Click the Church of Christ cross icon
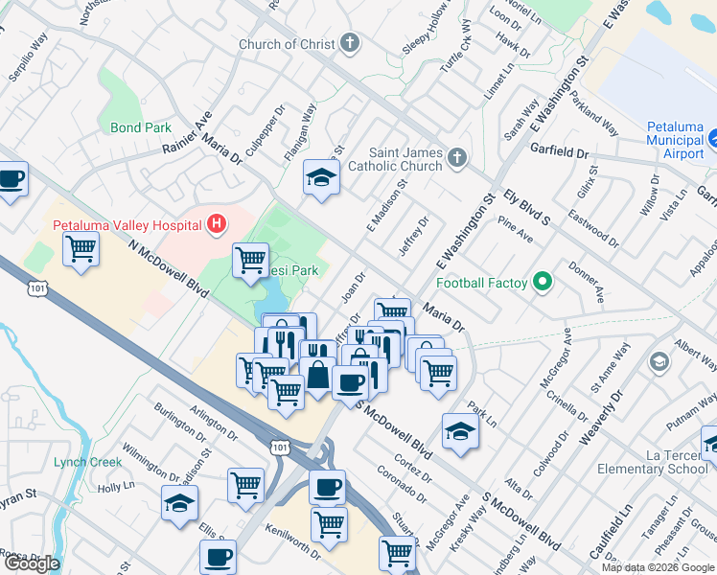pyautogui.click(x=351, y=43)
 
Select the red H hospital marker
pyautogui.click(x=218, y=225)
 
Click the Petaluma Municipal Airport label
pyautogui.click(x=675, y=140)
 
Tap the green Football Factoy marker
pyautogui.click(x=543, y=283)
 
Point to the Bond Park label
pyautogui.click(x=140, y=127)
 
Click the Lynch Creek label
pyautogui.click(x=88, y=462)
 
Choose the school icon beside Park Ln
pyautogui.click(x=460, y=430)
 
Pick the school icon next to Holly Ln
pyautogui.click(x=179, y=503)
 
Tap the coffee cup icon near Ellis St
pyautogui.click(x=218, y=556)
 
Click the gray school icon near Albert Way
pyautogui.click(x=659, y=361)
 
